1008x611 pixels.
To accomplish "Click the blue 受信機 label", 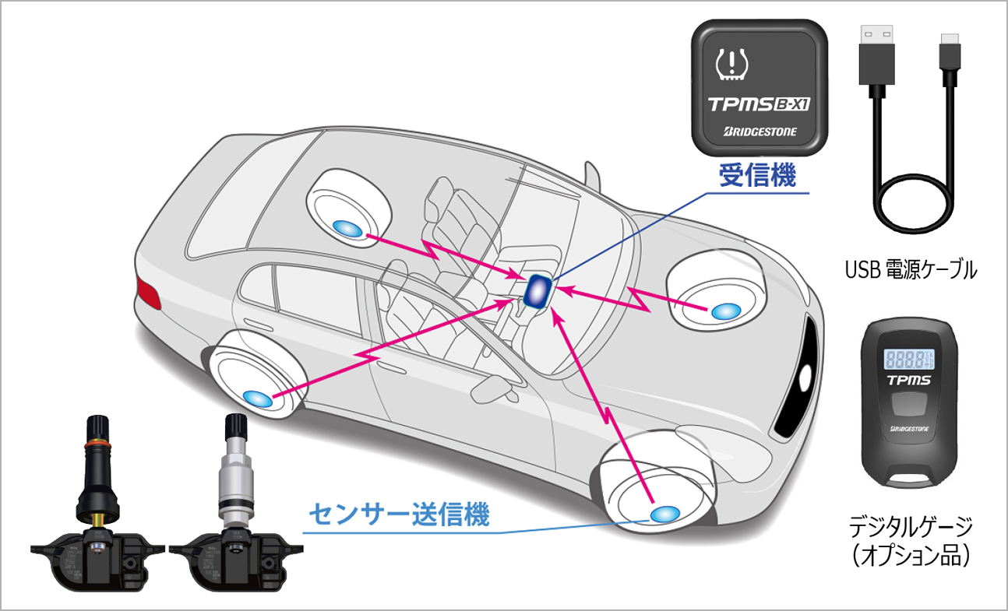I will [x=757, y=176].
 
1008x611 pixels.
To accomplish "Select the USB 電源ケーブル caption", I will [x=911, y=271].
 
